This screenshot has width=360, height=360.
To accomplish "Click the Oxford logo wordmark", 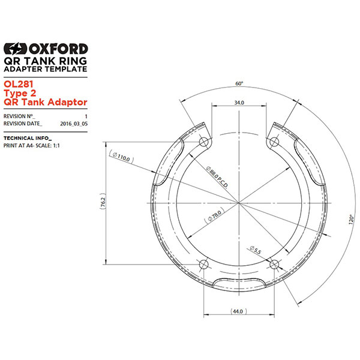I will click(x=46, y=49).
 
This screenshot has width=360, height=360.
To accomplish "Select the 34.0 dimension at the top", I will click(x=239, y=103).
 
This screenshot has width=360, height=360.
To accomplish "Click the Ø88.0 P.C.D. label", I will click(x=217, y=178).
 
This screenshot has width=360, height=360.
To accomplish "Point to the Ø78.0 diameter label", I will click(x=215, y=215).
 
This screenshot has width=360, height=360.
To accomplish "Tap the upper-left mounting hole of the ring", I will click(x=204, y=142).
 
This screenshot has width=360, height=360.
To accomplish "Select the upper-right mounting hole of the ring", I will click(x=274, y=142).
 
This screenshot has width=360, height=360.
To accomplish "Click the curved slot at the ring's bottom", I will click(x=239, y=283).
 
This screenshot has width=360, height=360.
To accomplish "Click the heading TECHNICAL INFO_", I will click(x=28, y=138).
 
